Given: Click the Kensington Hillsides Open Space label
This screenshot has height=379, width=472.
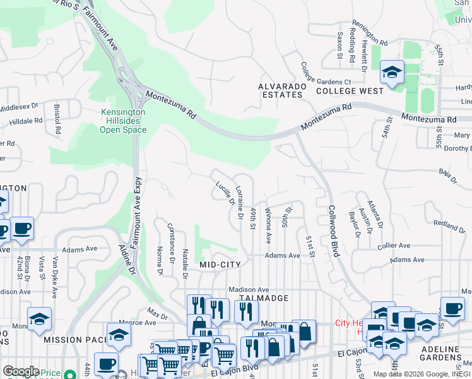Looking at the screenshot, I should click(123, 121).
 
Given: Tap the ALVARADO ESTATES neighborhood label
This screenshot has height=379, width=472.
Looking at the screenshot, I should click(281, 90).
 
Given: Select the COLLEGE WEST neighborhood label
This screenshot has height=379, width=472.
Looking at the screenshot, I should click(350, 91).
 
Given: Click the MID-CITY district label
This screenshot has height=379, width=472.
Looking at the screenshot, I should click(220, 265).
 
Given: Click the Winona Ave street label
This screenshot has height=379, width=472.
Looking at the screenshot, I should click(268, 226).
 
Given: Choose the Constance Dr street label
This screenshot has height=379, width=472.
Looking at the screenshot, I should click(170, 242).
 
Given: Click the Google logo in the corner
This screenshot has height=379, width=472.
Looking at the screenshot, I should click(20, 371).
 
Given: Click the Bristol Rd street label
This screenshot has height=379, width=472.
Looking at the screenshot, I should click(57, 119).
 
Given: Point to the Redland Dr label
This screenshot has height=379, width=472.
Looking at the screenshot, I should click(448, 226).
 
